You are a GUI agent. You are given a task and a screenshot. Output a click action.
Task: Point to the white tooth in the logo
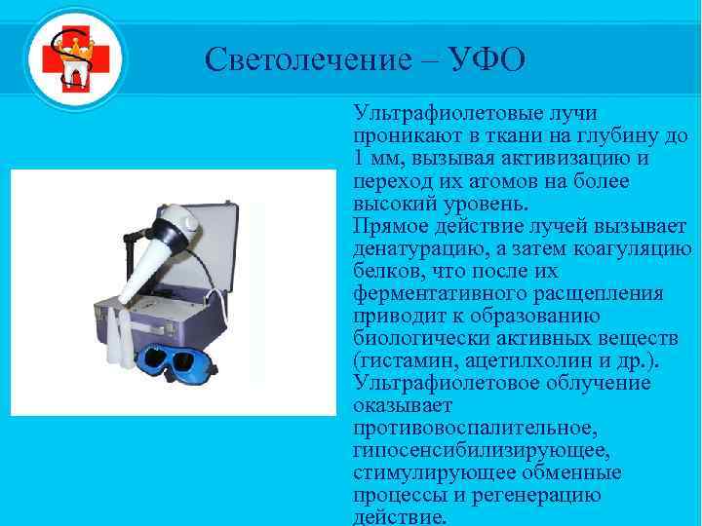click(73, 77)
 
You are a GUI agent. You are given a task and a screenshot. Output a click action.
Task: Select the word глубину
click(605, 136)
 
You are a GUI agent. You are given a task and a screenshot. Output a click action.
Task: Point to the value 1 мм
click(374, 160)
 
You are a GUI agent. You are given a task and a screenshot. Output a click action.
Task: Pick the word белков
click(388, 272)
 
